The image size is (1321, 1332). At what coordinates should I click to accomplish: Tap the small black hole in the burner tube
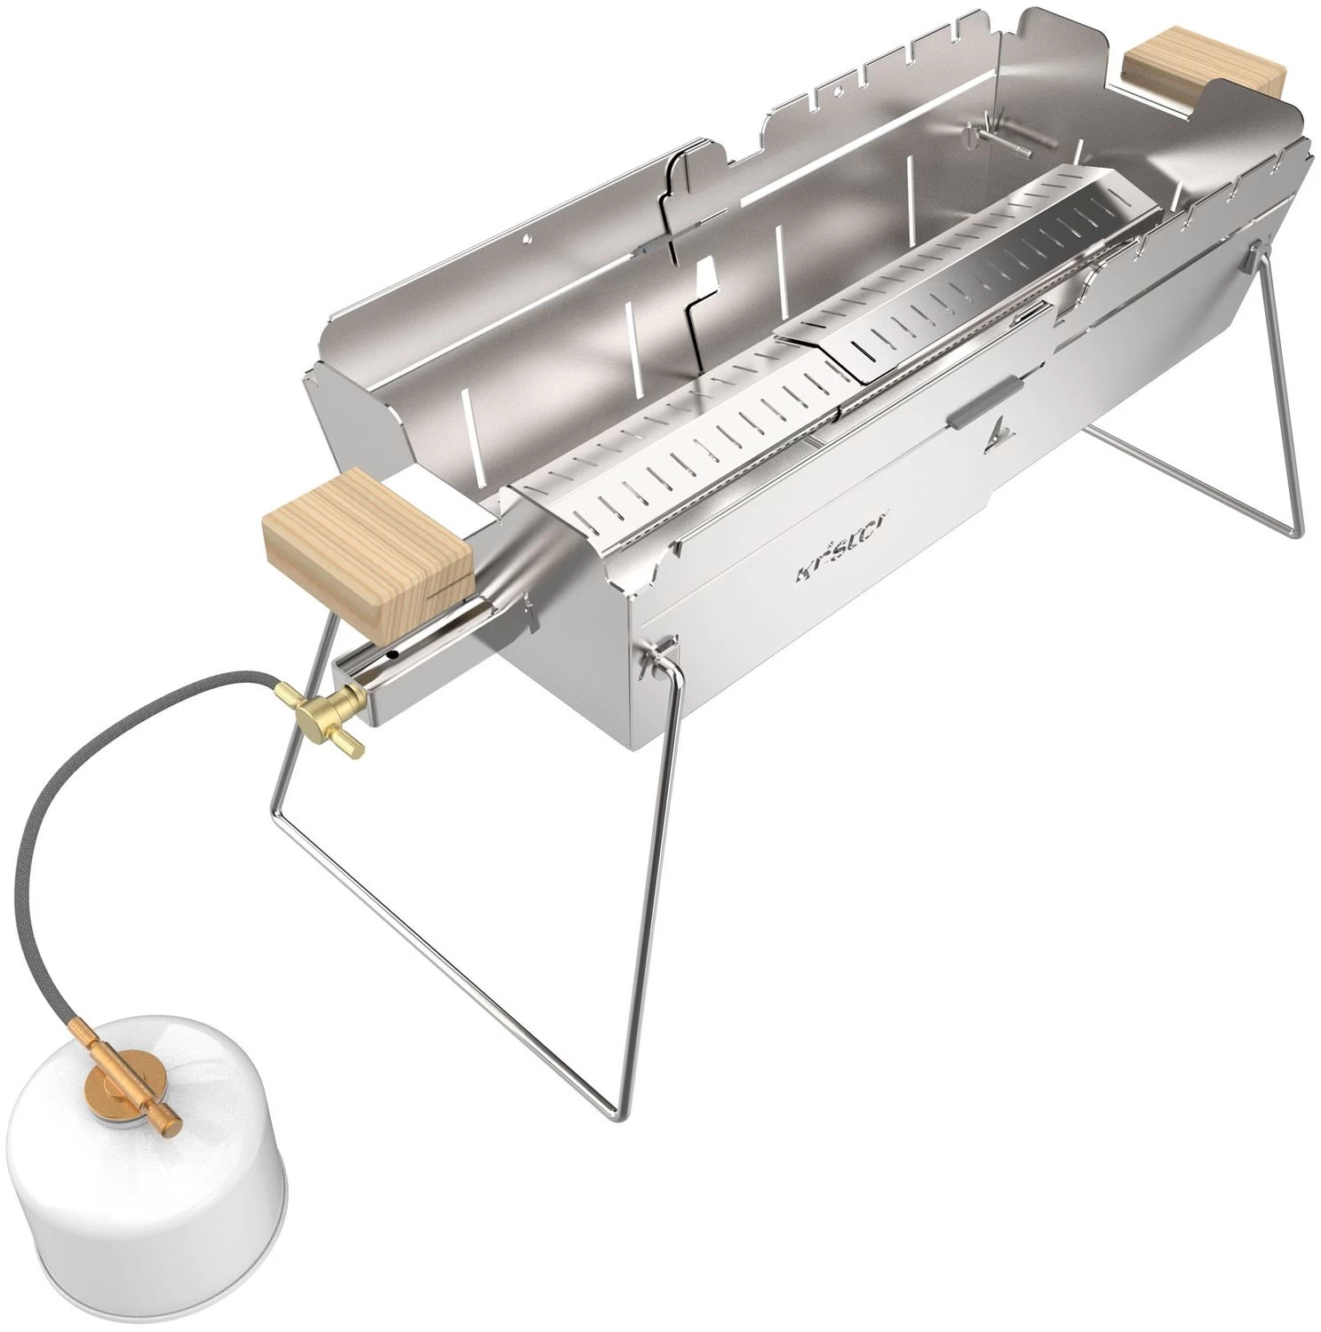(388, 658)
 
